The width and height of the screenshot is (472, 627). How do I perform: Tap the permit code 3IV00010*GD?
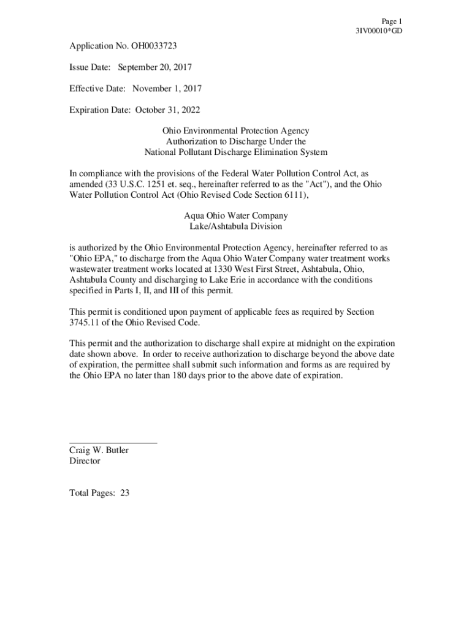coord(379,31)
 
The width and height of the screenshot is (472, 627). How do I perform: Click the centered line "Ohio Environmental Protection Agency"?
coord(235,131)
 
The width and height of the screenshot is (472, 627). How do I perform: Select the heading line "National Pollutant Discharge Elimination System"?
coord(235,152)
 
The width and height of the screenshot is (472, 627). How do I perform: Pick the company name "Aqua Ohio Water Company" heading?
coord(235,216)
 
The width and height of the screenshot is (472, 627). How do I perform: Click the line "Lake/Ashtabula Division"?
coord(235,227)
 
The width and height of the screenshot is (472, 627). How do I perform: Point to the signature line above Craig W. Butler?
coord(113,441)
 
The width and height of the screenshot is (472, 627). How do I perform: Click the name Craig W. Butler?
coord(99,451)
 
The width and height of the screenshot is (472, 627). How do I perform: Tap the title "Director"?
coord(85,461)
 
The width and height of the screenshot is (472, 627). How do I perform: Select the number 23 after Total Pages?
coord(124,493)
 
